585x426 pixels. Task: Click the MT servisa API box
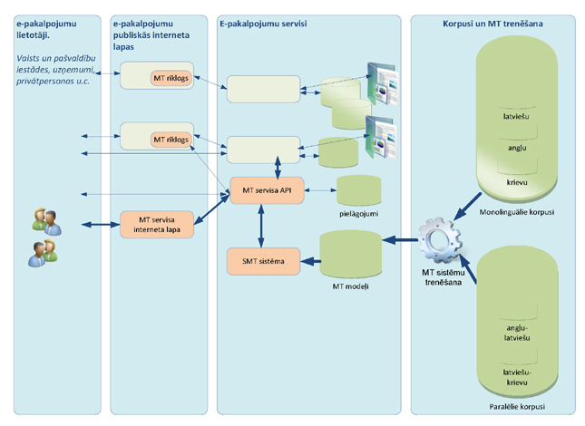pos(267,190)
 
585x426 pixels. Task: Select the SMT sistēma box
pos(261,262)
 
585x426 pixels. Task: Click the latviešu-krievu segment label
pos(518,377)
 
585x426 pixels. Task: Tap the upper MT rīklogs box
pos(171,78)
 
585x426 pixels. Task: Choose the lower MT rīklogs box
pos(171,140)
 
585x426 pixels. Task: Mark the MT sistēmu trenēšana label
pos(442,276)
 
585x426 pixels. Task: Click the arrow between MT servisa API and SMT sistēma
pos(262,226)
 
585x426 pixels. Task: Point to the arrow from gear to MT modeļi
pos(399,240)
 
